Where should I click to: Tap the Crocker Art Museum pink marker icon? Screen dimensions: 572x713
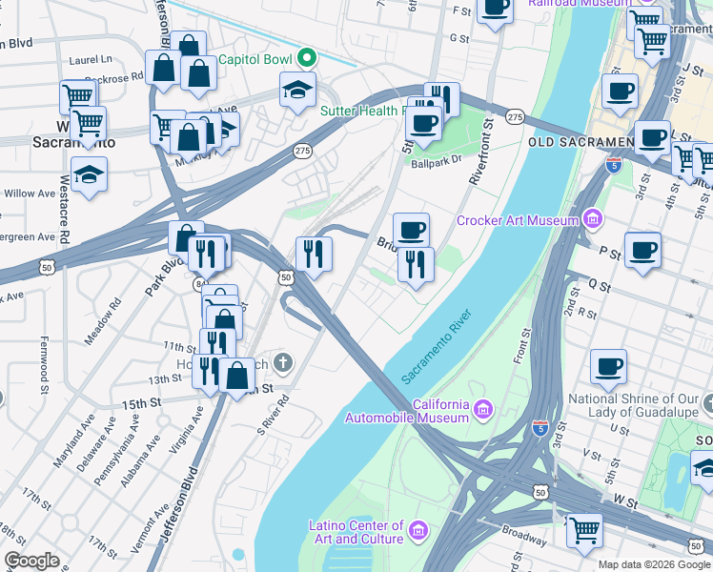point(594,221)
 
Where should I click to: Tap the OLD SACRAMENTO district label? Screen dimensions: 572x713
point(580,142)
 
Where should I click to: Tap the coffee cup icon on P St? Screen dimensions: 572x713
point(643,250)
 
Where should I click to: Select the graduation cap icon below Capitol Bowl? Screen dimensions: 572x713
point(297,91)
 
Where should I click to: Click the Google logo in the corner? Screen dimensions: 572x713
point(32,561)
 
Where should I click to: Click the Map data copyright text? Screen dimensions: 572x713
point(654,564)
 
